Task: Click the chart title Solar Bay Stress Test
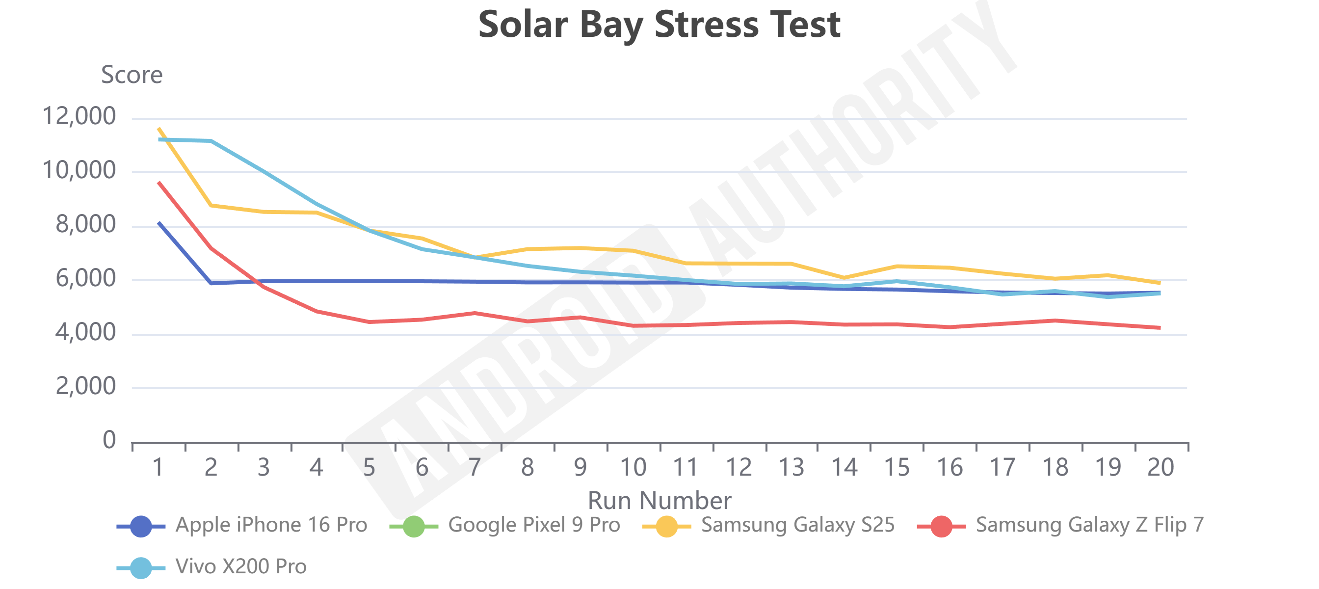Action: pos(659,25)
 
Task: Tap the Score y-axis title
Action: pos(132,75)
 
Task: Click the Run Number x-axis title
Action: pos(659,500)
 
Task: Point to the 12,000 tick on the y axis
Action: pos(79,116)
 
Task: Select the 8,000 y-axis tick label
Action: pos(85,224)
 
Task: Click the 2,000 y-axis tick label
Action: pos(85,386)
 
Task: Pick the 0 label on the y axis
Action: pos(109,440)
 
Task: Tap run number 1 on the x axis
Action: pos(158,467)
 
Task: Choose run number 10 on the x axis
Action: pos(633,467)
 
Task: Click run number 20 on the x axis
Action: pos(1161,467)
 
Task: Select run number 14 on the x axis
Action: pos(844,467)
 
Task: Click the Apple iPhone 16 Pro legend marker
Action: pos(141,526)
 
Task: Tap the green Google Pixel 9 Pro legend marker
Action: pos(414,526)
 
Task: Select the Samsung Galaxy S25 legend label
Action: pos(797,525)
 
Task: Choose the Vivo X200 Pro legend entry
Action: pos(240,566)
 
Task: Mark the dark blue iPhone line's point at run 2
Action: pos(211,283)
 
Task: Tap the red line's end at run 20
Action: pos(1159,328)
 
